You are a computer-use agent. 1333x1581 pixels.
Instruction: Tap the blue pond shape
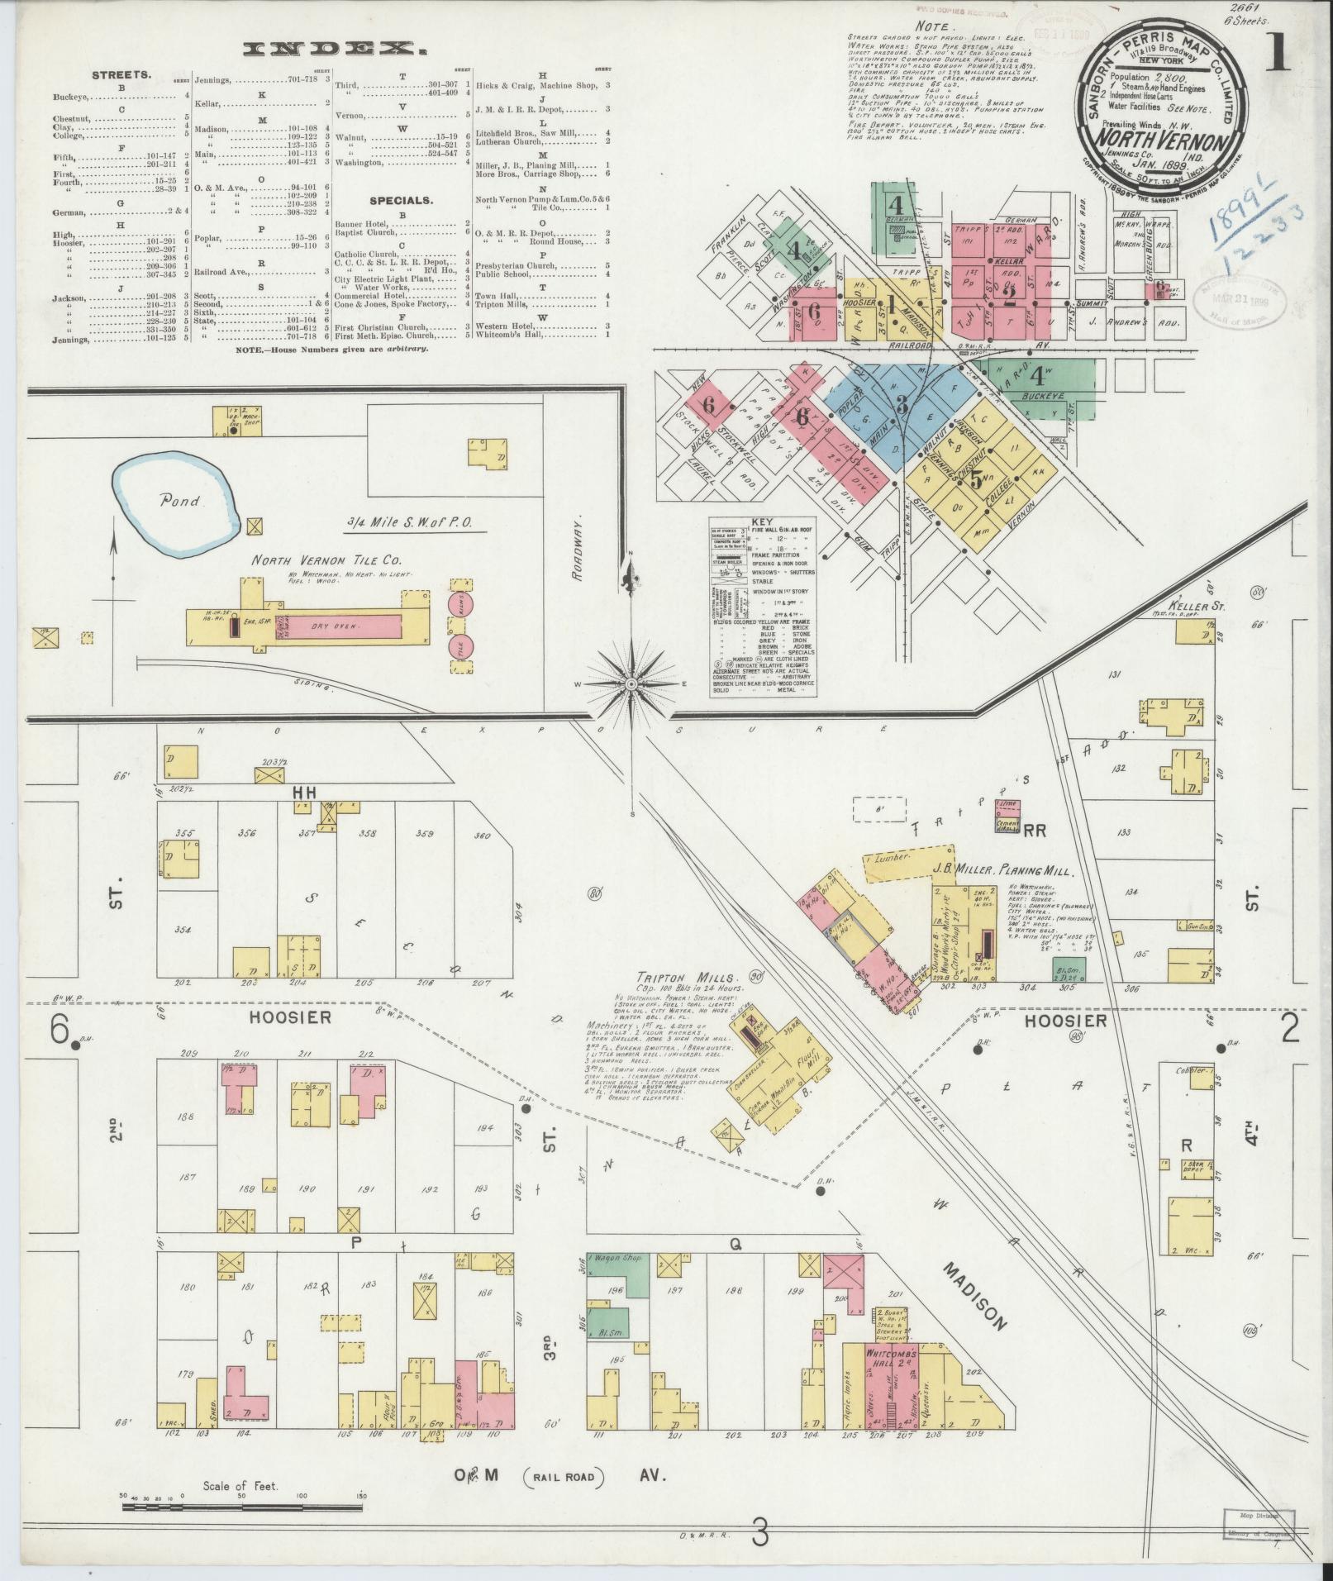click(x=176, y=501)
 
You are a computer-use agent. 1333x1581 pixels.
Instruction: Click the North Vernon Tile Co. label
click(x=310, y=561)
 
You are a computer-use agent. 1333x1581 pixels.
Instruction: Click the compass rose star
click(x=631, y=683)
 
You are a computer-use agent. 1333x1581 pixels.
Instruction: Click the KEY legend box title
click(x=760, y=522)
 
